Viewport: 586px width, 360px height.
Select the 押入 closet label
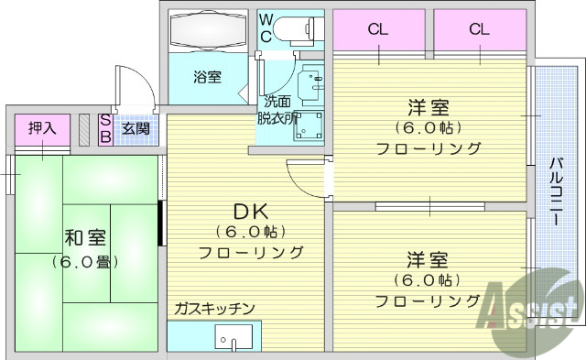pyautogui.click(x=42, y=128)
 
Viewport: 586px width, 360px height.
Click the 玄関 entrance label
pyautogui.click(x=136, y=128)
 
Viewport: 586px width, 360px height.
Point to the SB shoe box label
pyautogui.click(x=105, y=128)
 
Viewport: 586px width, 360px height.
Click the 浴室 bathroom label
pyautogui.click(x=207, y=77)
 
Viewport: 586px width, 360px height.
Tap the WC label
pyautogui.click(x=264, y=28)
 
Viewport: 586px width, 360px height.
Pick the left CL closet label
pyautogui.click(x=378, y=28)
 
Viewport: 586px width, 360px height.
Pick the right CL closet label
pyautogui.click(x=479, y=28)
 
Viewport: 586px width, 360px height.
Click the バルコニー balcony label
pyautogui.click(x=555, y=195)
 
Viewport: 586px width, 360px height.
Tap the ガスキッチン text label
pyautogui.click(x=214, y=309)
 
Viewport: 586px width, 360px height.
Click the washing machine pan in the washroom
pyautogui.click(x=308, y=128)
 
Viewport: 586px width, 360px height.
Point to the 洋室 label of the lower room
pyautogui.click(x=427, y=259)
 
